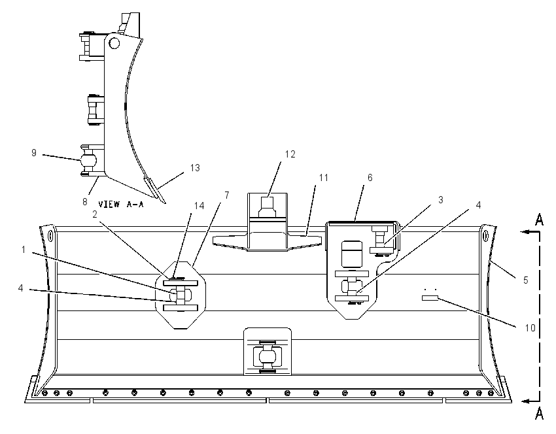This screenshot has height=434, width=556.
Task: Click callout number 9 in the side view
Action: (x=33, y=153)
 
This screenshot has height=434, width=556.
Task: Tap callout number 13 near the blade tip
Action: (x=195, y=167)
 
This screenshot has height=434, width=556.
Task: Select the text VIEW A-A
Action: (x=121, y=204)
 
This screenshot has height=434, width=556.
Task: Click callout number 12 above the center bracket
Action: (x=290, y=154)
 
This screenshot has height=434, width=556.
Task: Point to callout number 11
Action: (x=323, y=178)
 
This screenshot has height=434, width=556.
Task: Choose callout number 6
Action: (x=370, y=178)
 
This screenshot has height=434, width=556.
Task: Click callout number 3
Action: (x=441, y=200)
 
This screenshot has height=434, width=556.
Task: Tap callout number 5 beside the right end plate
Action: (x=526, y=280)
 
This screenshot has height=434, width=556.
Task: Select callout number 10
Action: (x=530, y=328)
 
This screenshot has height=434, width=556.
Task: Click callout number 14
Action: (x=200, y=205)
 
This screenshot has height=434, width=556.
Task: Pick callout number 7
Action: (x=227, y=195)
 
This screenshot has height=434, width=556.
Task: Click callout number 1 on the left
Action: (x=24, y=250)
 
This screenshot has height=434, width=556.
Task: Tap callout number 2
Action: (x=95, y=214)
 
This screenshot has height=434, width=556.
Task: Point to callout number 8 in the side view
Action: (x=85, y=201)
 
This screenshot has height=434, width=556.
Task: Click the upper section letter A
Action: (x=539, y=220)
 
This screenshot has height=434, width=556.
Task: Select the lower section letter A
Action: (x=539, y=414)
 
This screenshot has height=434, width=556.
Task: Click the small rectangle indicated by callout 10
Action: (x=430, y=298)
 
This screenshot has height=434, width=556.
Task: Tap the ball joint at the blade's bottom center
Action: (x=268, y=356)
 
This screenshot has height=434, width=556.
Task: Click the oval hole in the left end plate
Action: (x=50, y=235)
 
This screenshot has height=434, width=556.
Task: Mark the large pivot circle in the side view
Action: (x=114, y=44)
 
